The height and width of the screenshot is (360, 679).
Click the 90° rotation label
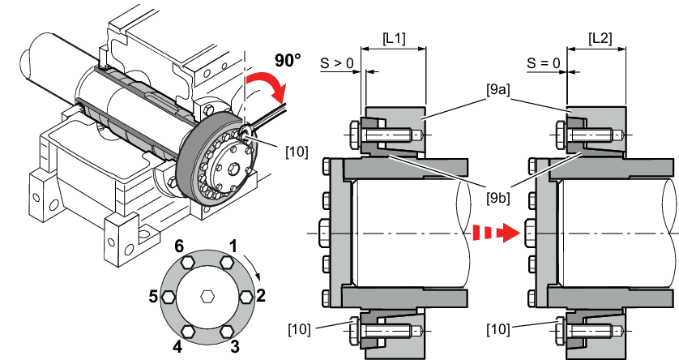click(x=288, y=60)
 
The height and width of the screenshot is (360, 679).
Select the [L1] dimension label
click(x=394, y=39)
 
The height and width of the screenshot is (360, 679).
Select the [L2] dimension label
click(x=600, y=39)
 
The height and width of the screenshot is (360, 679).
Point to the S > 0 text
click(x=337, y=63)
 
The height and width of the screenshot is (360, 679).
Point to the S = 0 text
click(x=544, y=63)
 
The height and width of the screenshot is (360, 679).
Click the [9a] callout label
click(x=498, y=90)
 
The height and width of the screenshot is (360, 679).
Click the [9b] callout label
click(x=498, y=198)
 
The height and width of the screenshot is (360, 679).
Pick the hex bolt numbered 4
click(x=188, y=332)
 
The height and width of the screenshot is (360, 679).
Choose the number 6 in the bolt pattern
click(x=179, y=247)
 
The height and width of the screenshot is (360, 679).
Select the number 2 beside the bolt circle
click(x=260, y=295)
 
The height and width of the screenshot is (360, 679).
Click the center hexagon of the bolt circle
click(x=207, y=297)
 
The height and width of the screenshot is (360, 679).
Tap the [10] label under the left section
click(x=299, y=329)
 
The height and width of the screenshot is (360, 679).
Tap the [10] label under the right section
click(x=498, y=329)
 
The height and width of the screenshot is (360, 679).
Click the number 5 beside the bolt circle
click(x=153, y=297)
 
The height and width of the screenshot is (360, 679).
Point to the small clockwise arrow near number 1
click(x=253, y=268)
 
